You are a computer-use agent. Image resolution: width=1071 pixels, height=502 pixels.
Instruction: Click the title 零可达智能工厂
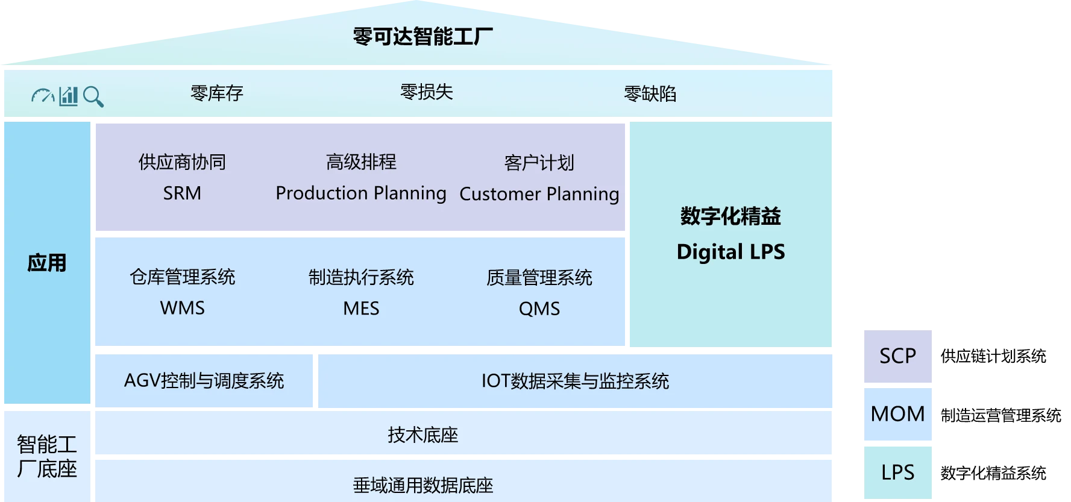[x=422, y=36]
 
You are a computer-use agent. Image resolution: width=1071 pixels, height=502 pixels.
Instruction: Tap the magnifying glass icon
[x=93, y=96]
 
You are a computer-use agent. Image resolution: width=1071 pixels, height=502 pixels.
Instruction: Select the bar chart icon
[x=69, y=96]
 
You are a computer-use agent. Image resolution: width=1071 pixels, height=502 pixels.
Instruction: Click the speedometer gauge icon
[x=43, y=96]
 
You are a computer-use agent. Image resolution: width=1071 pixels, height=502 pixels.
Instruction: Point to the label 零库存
[x=216, y=93]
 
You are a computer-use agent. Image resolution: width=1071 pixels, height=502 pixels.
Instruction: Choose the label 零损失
[x=426, y=92]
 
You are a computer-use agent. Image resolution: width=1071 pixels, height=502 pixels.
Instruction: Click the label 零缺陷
[x=650, y=94]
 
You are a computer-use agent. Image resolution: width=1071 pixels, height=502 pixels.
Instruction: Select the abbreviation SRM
[x=182, y=193]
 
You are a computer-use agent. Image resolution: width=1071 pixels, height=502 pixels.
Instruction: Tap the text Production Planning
[x=360, y=193]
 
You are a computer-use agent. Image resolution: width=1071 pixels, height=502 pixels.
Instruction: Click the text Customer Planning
[x=539, y=194]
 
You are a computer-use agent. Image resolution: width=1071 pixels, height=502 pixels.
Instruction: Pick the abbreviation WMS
[x=182, y=308]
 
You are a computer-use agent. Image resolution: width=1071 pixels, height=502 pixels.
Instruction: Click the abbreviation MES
[x=361, y=309]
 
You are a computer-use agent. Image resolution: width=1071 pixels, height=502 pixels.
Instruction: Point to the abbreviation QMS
[x=539, y=309]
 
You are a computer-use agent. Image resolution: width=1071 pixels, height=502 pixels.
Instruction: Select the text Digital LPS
[x=730, y=252]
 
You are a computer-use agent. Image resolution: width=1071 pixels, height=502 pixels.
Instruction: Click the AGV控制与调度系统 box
[x=204, y=381]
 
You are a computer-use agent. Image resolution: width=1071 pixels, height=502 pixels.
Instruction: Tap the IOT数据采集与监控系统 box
[x=575, y=381]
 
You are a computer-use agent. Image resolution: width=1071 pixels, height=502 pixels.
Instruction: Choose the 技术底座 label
[x=422, y=435]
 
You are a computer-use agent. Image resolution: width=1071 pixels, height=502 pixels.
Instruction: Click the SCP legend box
[x=897, y=356]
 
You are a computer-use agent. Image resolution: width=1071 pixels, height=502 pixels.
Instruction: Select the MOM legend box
[x=897, y=414]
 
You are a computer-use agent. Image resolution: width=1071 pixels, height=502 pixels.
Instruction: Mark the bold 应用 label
[x=46, y=263]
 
